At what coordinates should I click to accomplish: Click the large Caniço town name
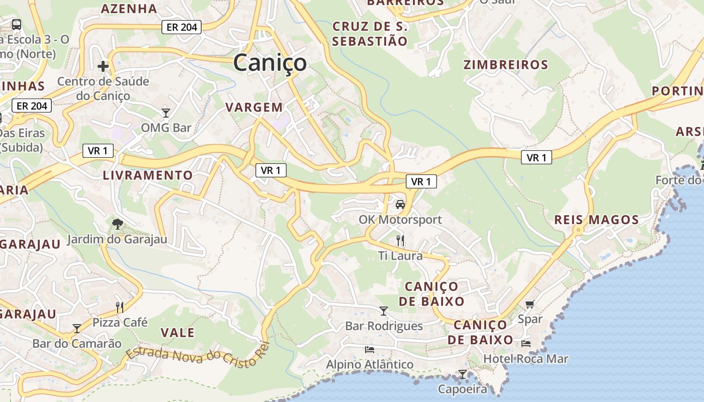coord(270,63)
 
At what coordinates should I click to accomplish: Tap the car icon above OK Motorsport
coord(400,205)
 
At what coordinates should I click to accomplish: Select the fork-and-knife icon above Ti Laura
coord(400,241)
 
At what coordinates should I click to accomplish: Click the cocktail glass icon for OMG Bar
coord(166,113)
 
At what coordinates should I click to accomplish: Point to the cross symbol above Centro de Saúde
coord(103,66)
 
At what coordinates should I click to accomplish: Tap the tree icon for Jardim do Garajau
coord(117,224)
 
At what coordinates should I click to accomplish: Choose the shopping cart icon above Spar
coord(530,304)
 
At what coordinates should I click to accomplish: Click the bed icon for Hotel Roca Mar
coord(526,344)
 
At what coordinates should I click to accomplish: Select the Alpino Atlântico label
coord(370,364)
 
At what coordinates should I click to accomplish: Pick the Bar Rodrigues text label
coord(384,326)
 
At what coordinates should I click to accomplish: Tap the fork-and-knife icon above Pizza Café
coord(120,307)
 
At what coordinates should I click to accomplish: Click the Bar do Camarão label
coord(77,344)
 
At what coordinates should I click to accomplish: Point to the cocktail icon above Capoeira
coord(462,374)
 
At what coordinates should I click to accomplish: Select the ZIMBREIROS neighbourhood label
coord(505,65)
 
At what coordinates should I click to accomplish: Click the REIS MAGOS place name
coord(596,220)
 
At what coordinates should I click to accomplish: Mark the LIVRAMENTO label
coord(148,175)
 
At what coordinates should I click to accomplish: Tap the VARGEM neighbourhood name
coord(254,107)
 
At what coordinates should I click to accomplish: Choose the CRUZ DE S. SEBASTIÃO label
coord(370,34)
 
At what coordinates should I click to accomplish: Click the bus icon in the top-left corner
coord(16,24)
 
